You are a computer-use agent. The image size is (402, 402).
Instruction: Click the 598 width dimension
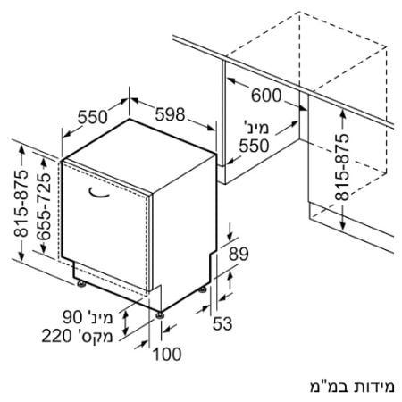click(170, 114)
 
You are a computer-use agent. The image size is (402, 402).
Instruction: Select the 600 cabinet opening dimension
click(266, 96)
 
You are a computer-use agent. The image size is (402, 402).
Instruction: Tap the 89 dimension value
click(239, 254)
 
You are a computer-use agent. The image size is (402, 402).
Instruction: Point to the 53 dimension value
click(222, 323)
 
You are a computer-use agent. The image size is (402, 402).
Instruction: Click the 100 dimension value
click(167, 355)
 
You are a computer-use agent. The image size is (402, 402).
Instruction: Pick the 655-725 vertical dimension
click(44, 206)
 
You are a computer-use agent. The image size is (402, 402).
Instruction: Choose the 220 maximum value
click(56, 336)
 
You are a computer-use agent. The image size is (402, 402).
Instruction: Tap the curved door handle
click(99, 194)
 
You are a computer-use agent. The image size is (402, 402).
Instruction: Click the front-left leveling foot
click(81, 284)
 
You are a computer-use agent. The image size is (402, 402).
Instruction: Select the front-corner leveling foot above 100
click(160, 315)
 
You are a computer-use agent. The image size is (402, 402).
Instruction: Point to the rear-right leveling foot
click(203, 289)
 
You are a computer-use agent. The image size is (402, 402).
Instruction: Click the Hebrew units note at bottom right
click(352, 387)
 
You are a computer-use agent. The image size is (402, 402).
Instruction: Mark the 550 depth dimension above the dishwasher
click(92, 117)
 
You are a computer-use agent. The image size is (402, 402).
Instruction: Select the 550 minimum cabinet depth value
click(255, 146)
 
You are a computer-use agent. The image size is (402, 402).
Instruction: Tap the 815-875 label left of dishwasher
click(21, 203)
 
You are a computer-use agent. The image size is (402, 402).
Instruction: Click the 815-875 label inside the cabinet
click(341, 167)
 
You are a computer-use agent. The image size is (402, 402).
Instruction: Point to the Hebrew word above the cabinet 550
click(256, 128)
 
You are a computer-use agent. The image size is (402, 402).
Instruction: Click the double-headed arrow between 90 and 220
click(126, 322)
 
